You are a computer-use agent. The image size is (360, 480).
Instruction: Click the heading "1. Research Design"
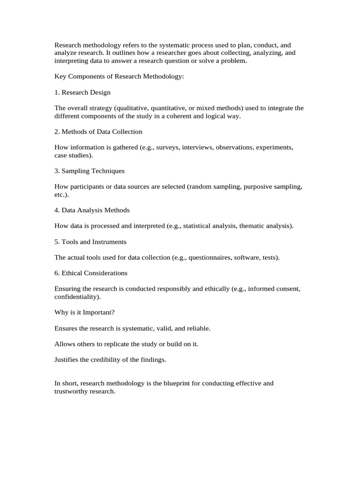coord(82,92)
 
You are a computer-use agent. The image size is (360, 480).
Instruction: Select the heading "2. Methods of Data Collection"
coord(98,132)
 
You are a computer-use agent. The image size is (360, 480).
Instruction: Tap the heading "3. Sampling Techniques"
coord(90,171)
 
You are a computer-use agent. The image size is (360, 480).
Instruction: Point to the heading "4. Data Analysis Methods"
coord(92,210)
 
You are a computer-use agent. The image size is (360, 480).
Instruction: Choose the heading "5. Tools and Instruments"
coord(90,242)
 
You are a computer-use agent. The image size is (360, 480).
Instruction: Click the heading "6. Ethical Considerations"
coord(91,273)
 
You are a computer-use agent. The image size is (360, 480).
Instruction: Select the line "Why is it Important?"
coord(81,313)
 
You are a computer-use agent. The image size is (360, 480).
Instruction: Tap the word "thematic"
coord(252,226)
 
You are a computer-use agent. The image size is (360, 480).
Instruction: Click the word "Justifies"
coord(67,360)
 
